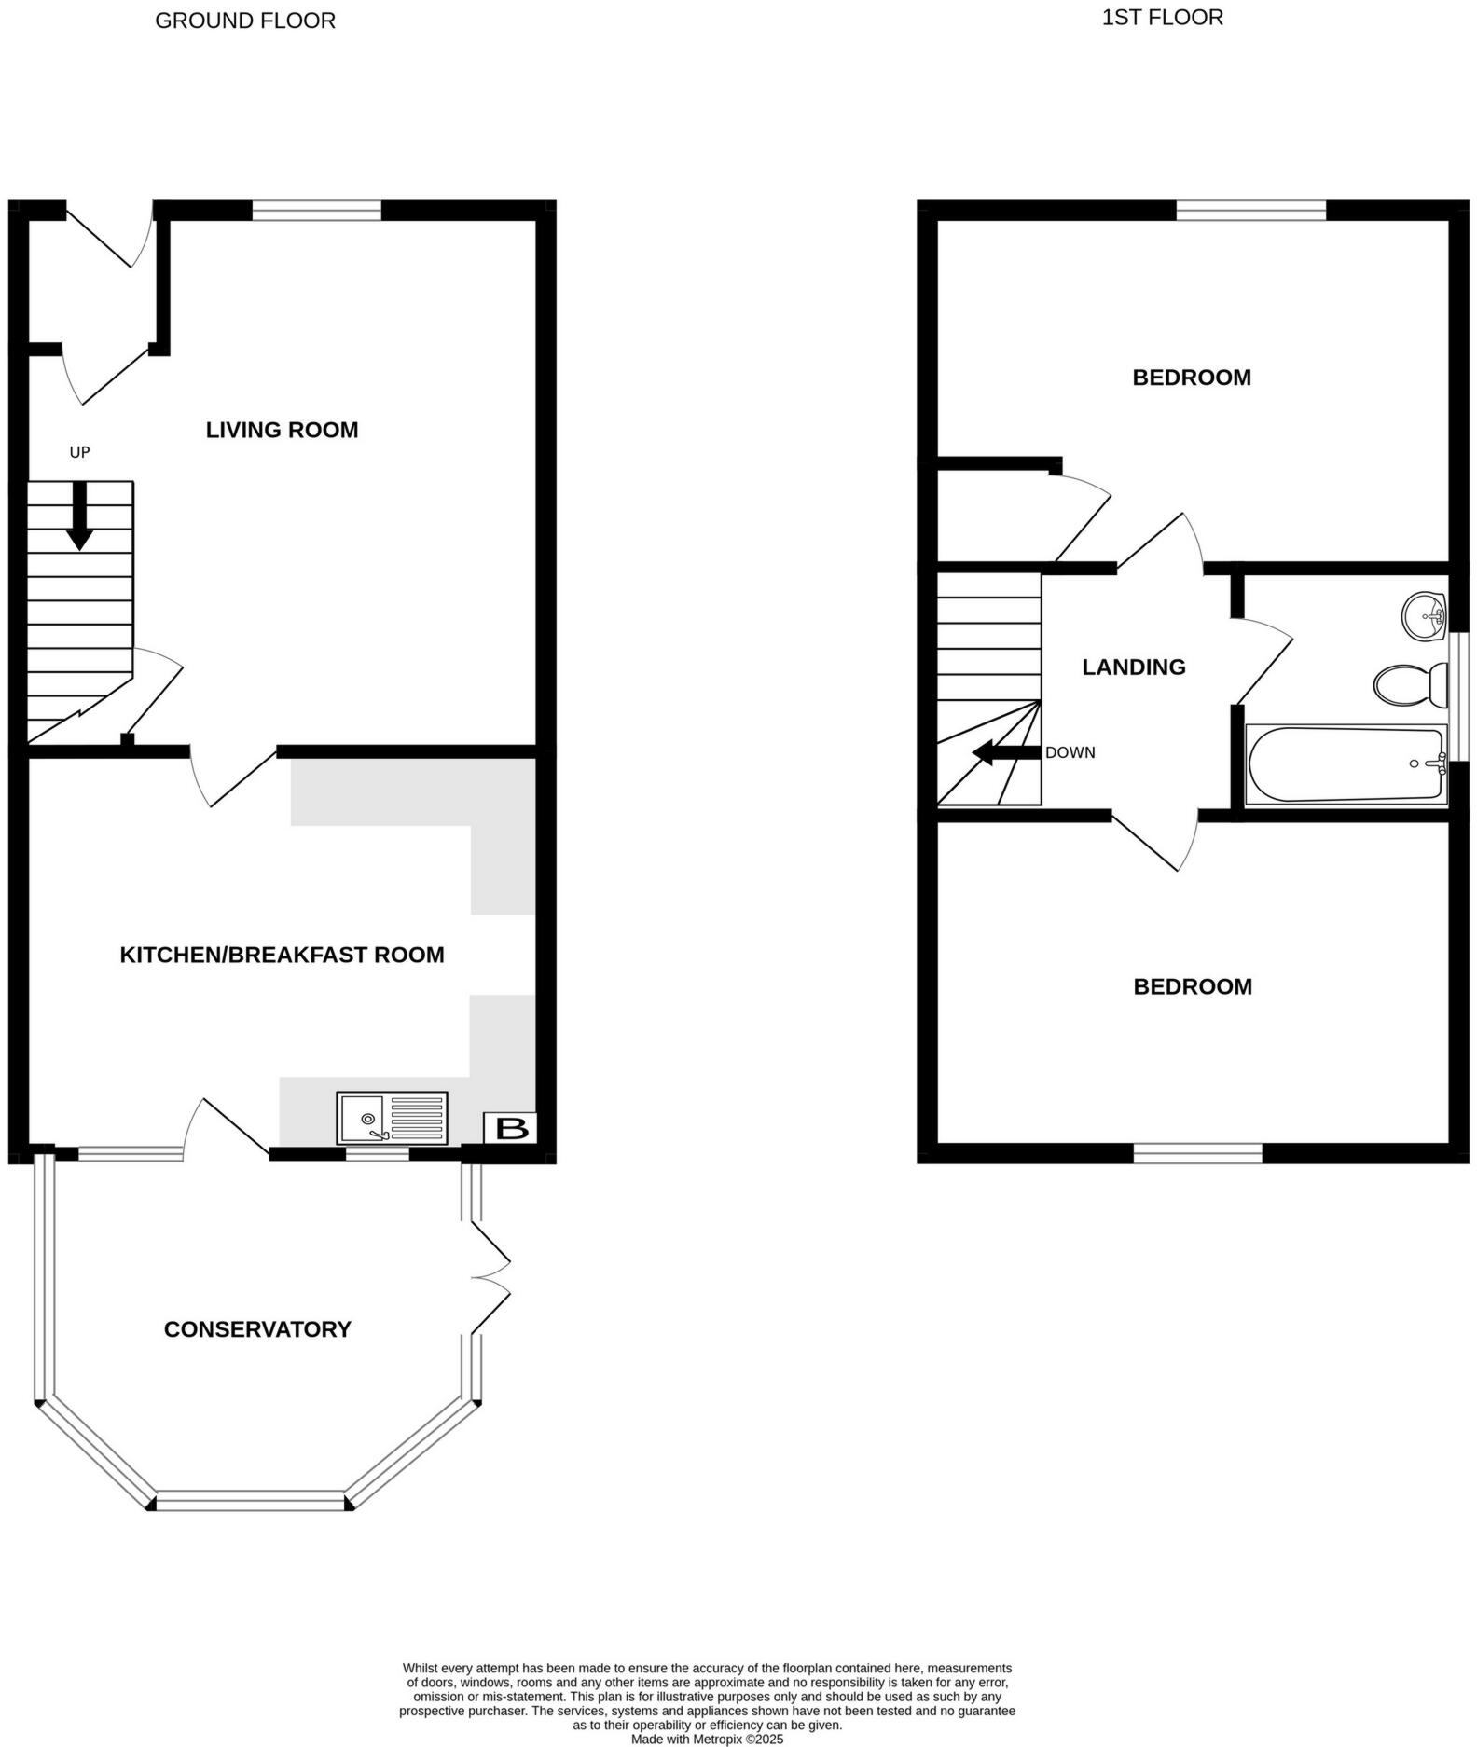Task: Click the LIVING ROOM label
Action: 282,430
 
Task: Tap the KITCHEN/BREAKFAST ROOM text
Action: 282,955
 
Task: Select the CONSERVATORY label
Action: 257,1329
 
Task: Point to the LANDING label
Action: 1133,667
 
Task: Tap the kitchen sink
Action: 393,1118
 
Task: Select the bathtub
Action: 1346,764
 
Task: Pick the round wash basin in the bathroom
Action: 1424,616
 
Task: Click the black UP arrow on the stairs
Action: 80,516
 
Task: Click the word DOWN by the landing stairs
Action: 1070,752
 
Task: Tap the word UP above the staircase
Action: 80,452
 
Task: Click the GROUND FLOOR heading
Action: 245,21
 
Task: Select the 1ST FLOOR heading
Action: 1162,18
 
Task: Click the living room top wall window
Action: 317,212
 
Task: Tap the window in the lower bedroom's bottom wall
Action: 1197,1153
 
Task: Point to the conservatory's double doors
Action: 489,1277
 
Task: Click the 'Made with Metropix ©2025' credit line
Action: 707,1739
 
